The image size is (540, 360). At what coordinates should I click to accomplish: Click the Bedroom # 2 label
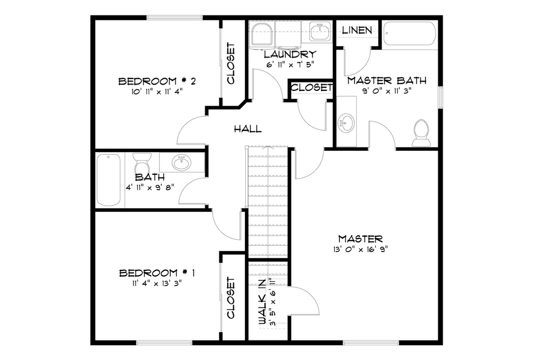(x=156, y=81)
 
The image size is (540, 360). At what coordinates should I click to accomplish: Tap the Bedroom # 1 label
(x=157, y=273)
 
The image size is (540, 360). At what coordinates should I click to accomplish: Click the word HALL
(x=248, y=129)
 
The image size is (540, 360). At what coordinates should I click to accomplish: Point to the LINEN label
(x=357, y=30)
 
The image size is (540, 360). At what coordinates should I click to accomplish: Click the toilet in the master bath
(x=421, y=132)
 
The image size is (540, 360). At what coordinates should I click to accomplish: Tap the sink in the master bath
(x=346, y=123)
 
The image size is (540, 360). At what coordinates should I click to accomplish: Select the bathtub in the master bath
(x=410, y=34)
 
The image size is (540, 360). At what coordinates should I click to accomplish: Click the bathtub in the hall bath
(x=108, y=180)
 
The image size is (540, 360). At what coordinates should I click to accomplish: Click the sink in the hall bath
(x=181, y=163)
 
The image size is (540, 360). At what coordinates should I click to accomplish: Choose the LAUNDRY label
(x=290, y=54)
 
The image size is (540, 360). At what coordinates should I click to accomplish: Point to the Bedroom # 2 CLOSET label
(x=231, y=63)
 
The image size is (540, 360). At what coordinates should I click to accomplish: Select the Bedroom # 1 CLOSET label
(x=231, y=298)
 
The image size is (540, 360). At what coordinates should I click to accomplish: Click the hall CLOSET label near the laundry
(x=311, y=88)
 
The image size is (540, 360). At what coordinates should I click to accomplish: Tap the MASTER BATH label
(x=386, y=81)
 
